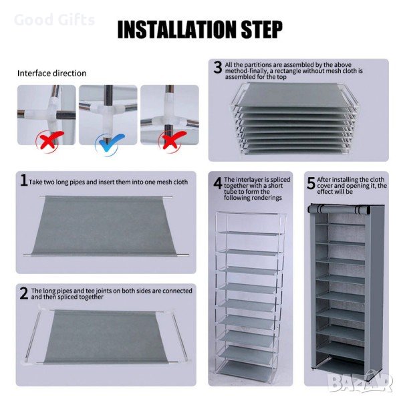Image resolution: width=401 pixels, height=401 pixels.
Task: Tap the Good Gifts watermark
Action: point(55,20)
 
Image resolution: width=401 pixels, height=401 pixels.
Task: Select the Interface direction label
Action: point(52,74)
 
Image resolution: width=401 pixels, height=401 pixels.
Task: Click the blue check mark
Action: point(110,144)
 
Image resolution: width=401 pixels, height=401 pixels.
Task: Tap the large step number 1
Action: point(24,180)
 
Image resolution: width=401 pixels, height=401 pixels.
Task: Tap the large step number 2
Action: point(24,293)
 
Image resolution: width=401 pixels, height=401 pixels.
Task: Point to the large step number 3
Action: point(218,68)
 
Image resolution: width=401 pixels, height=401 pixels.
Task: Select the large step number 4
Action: point(218,183)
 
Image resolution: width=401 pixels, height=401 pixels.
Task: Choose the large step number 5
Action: point(311,183)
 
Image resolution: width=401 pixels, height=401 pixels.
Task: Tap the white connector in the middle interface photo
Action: point(109,108)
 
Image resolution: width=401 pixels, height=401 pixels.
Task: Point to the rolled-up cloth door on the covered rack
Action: point(339,209)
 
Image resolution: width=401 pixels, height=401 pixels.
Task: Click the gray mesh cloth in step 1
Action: point(104,226)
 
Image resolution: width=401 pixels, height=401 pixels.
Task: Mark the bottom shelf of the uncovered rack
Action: point(247,369)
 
